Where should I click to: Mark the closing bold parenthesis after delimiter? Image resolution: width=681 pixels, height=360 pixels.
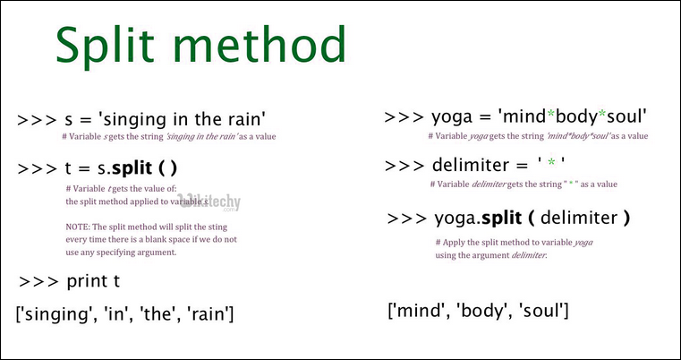(x=627, y=218)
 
